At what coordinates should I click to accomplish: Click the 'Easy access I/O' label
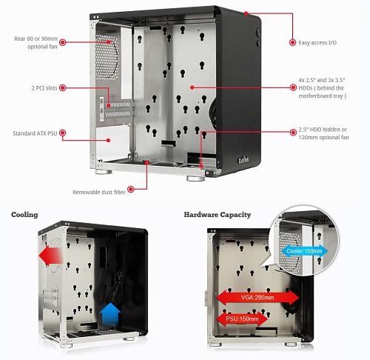317,43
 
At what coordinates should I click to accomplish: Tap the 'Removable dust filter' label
99,192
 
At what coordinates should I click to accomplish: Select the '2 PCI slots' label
44,88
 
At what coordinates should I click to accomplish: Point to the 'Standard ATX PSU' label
35,133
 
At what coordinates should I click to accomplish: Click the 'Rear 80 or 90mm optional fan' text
36,42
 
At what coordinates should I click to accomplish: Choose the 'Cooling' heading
24,215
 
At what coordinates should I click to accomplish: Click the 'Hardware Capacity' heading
218,215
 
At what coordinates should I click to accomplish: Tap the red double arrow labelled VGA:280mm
258,297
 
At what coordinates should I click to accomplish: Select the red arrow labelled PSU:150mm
242,319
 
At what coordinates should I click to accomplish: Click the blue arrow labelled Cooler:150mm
304,251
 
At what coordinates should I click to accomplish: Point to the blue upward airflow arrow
110,313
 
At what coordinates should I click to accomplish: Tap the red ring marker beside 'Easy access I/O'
292,42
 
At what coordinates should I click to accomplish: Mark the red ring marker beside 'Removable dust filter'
131,190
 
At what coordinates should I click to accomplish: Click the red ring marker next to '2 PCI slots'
63,87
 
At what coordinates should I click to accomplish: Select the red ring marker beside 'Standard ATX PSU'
63,133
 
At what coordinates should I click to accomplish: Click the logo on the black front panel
243,160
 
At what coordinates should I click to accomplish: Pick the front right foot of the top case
195,179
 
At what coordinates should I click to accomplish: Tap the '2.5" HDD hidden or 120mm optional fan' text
323,133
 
